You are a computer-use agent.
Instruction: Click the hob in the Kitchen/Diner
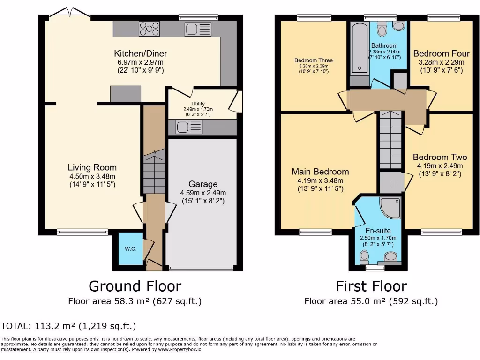(149, 29)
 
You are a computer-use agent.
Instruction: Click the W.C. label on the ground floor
(131, 248)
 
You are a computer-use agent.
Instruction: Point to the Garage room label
(203, 184)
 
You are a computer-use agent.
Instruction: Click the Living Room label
(92, 167)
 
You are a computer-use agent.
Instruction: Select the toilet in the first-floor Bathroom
(382, 30)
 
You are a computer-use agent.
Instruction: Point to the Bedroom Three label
(314, 60)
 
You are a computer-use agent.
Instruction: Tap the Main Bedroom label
(320, 172)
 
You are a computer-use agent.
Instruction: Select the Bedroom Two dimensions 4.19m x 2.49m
(440, 166)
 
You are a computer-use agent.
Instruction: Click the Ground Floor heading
(135, 286)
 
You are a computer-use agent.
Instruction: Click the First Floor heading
(371, 286)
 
